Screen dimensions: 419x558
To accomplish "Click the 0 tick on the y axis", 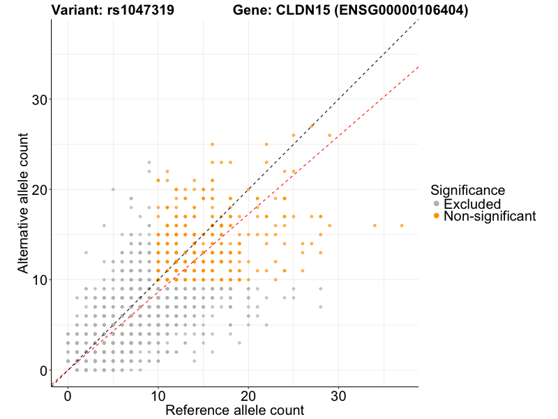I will point(43,370).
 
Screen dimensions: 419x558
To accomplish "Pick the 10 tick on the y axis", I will point(40,280).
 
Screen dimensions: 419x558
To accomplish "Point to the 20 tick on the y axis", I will point(40,189).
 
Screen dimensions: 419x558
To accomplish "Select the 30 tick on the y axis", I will point(40,99).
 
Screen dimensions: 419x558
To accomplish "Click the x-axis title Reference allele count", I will point(234,410).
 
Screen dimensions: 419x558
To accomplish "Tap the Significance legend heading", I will point(467,189).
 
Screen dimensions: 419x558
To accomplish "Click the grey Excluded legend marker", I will point(437,204).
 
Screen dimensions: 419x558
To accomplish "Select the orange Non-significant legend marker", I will point(437,216).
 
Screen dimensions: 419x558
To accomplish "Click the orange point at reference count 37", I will point(402,226).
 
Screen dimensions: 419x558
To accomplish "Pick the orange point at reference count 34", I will point(375,226).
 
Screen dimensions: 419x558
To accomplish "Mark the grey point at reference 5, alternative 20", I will point(113,189).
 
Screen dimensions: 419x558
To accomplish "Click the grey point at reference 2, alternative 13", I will point(86,253).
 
